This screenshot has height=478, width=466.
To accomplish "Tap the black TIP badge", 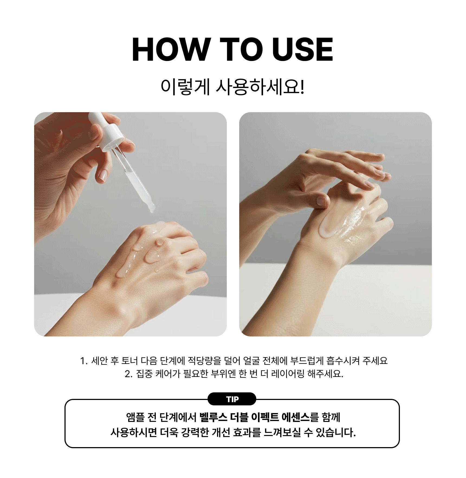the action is point(232,399).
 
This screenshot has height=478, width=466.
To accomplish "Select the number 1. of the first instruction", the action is point(84,361).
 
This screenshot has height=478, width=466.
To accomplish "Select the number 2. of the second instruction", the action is point(129,374).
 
